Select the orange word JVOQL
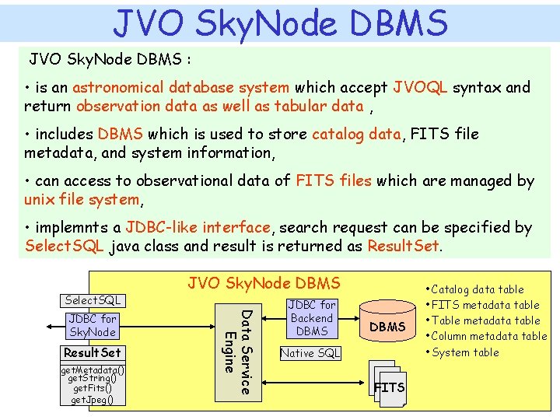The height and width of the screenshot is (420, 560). point(420,88)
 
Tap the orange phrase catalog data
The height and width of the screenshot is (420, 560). point(356,135)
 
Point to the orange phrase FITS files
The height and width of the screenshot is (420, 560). point(334,181)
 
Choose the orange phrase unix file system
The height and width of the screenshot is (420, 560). point(82,200)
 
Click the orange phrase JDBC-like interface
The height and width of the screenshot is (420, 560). point(198,228)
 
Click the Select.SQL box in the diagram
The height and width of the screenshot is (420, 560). point(93,300)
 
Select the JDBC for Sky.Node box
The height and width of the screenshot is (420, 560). point(93,325)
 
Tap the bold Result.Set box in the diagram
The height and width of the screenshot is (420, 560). point(93,352)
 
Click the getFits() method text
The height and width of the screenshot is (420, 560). point(91,388)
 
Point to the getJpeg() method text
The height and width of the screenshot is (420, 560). point(91,400)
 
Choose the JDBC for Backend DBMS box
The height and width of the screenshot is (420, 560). point(312,318)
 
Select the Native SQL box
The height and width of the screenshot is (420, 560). point(310,353)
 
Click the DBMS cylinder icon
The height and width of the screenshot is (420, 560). point(387,325)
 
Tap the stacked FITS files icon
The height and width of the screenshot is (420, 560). point(388,385)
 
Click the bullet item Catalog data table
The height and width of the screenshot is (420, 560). point(477,289)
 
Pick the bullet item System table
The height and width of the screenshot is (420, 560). point(466,352)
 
